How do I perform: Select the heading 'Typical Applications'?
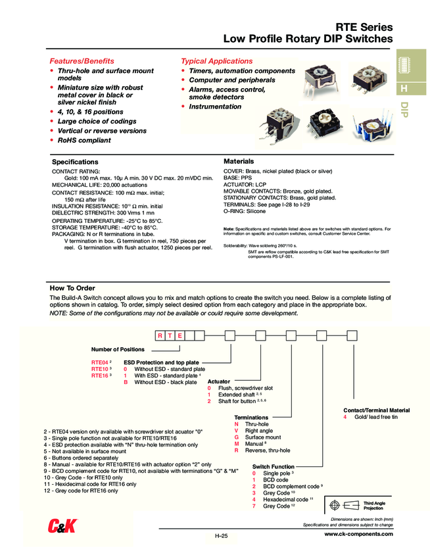click(x=216, y=61)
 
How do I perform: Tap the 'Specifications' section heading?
click(x=75, y=162)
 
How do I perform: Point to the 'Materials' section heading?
click(x=239, y=161)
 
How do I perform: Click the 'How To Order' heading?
click(x=72, y=288)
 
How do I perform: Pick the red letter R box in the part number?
click(x=160, y=336)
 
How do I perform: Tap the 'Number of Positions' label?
click(x=118, y=349)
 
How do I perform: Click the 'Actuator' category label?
click(x=219, y=381)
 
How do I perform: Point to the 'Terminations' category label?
click(x=252, y=418)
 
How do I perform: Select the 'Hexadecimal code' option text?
click(x=285, y=500)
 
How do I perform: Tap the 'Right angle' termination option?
click(x=258, y=431)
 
